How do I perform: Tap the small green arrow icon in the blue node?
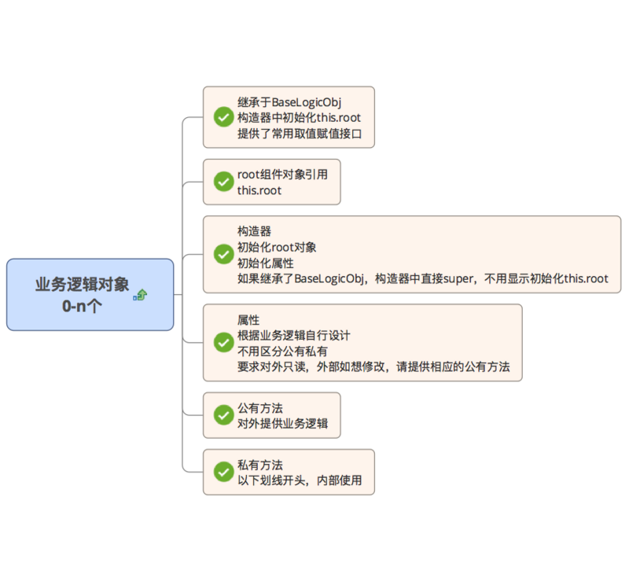pos(141,295)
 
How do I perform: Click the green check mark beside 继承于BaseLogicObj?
pos(223,117)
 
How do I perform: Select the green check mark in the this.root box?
pos(223,182)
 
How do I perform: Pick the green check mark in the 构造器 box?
pos(223,254)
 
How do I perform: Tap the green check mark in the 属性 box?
pos(223,342)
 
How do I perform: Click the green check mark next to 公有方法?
pos(223,415)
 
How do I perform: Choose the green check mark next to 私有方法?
pos(223,472)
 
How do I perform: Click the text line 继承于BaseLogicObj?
pos(289,102)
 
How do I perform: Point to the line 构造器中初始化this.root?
pos(299,118)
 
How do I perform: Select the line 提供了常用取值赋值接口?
pos(300,134)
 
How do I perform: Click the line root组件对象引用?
pos(282,175)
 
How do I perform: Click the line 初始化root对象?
pos(277,247)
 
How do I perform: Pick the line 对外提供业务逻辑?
pos(282,423)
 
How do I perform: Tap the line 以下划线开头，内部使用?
pos(300,480)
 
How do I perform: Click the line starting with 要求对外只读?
pos(373,366)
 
